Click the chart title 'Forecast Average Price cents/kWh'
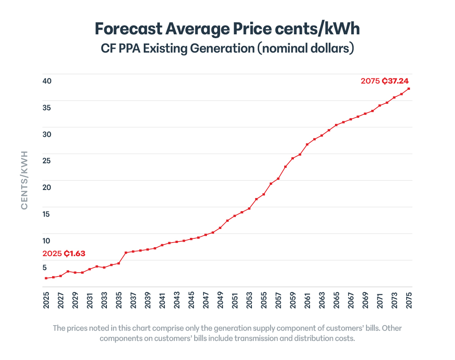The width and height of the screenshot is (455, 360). coord(227,29)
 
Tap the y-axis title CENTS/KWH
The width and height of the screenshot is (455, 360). coord(24,180)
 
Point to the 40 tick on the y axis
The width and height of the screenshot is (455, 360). coord(47,81)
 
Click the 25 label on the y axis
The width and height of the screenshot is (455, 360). coord(47,161)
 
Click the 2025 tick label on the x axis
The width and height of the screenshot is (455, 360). coord(46,299)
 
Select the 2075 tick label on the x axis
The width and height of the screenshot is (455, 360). coord(409,299)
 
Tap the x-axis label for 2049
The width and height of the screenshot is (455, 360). coord(220,299)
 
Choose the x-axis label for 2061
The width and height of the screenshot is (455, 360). coord(307,299)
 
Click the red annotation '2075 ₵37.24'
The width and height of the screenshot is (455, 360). coord(385,81)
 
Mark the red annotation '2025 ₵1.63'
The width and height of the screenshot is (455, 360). coord(64,254)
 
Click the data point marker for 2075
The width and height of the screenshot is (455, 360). coord(409,89)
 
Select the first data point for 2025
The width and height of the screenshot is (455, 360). coord(46,278)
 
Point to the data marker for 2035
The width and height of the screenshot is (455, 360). coord(119,263)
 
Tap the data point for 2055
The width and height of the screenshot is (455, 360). coord(264,194)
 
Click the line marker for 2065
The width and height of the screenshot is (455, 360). coord(336,125)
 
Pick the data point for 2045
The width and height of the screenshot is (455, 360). coord(191,239)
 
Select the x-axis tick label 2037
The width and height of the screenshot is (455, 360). coord(133,299)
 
